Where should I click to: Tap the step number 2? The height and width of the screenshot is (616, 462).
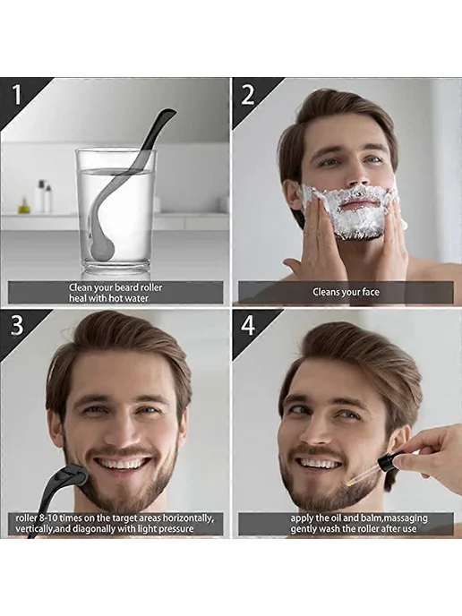point(247,95)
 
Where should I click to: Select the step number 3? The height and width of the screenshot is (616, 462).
point(16,326)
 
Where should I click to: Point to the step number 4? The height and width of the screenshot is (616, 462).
point(248,326)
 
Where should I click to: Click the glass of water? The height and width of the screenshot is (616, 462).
point(115,212)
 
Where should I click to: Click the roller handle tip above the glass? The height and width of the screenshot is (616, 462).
point(170,114)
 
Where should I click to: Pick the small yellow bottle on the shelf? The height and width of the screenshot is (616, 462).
point(24,205)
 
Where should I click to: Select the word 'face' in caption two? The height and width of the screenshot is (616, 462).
point(369,292)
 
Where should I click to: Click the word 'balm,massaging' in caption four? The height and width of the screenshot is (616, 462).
point(395,518)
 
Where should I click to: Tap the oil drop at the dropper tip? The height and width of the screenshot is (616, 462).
point(348,480)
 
